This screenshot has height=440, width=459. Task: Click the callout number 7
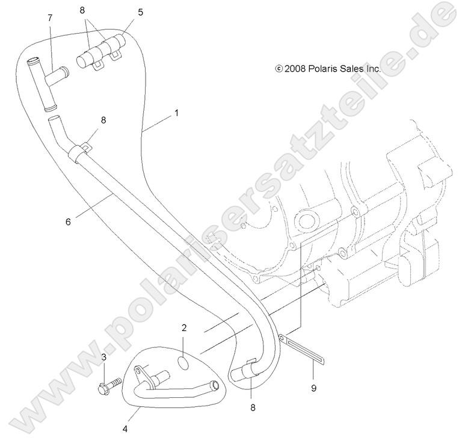50,18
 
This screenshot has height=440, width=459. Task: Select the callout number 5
141,13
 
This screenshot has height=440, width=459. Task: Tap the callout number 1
176,113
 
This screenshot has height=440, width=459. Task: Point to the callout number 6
68,222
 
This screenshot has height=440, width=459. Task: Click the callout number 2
184,328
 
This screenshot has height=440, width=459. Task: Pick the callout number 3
104,358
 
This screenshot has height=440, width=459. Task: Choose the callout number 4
125,429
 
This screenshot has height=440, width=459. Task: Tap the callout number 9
313,388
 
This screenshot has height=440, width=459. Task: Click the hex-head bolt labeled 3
109,385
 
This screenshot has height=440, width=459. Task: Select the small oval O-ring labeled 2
183,363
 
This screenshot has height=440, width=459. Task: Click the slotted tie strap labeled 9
301,350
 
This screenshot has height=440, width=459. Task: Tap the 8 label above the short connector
82,10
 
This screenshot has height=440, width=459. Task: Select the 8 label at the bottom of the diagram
253,407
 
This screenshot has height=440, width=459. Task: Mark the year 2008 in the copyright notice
295,69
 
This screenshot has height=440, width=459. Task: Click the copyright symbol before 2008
279,69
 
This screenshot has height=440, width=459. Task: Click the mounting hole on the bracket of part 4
138,371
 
